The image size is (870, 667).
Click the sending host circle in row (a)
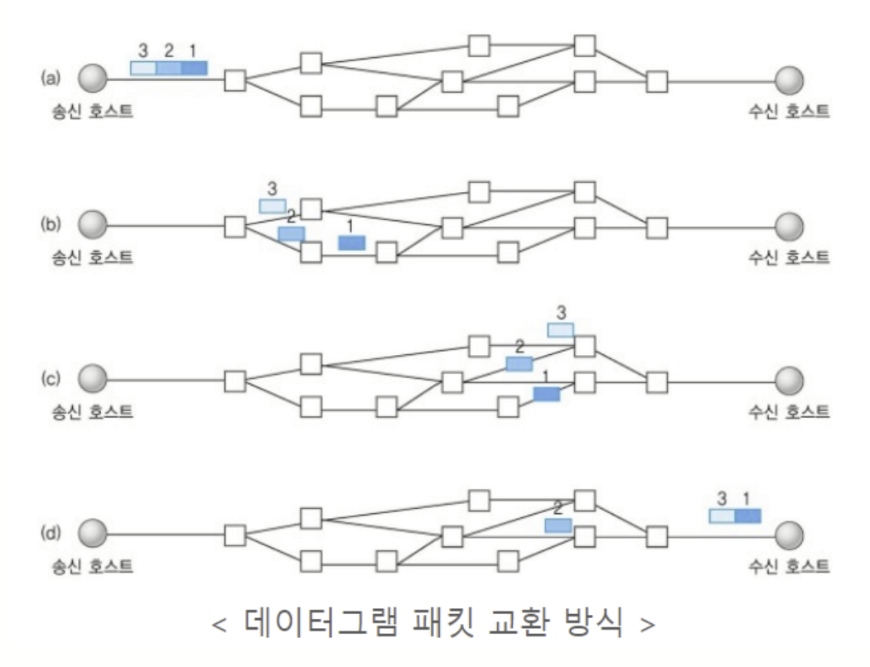[94, 79]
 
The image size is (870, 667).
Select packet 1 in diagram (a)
[194, 68]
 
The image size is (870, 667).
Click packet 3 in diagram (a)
[143, 68]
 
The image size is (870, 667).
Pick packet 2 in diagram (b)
[292, 234]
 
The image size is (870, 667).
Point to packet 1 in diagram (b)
[352, 242]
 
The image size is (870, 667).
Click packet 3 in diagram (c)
[560, 330]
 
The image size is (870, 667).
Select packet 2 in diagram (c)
[520, 363]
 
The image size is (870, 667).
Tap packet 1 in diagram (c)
[547, 395]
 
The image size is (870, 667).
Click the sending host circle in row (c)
[94, 380]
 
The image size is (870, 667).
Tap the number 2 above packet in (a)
[169, 50]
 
